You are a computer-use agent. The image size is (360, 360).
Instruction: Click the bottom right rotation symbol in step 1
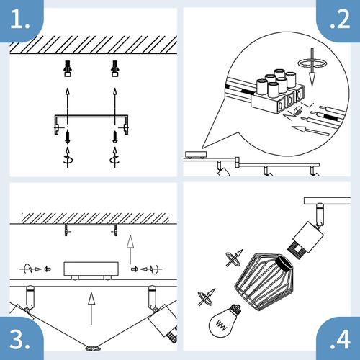114,159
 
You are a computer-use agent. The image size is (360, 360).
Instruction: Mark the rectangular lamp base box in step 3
89,269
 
